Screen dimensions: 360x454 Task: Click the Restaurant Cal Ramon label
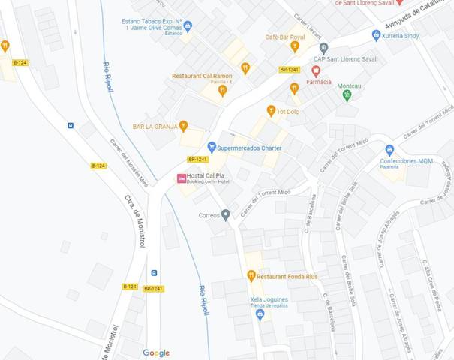(202, 76)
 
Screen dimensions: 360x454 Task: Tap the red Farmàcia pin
(316, 71)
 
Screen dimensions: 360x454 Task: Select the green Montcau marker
(347, 95)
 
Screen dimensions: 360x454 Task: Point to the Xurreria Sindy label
(401, 35)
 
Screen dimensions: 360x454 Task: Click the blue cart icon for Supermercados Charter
(212, 148)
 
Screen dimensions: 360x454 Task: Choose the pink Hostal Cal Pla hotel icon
(181, 178)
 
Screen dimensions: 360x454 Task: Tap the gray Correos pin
(225, 215)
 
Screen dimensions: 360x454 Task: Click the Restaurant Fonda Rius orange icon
(251, 276)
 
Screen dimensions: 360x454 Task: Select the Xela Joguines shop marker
(260, 314)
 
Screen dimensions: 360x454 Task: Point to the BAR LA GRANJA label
(155, 127)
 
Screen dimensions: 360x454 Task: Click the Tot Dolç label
(288, 111)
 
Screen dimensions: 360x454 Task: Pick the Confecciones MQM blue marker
(389, 150)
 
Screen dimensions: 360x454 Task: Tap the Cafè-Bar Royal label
(285, 37)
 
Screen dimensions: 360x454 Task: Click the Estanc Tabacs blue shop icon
(188, 26)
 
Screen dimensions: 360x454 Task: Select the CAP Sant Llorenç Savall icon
(323, 48)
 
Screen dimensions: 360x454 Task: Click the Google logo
(156, 352)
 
